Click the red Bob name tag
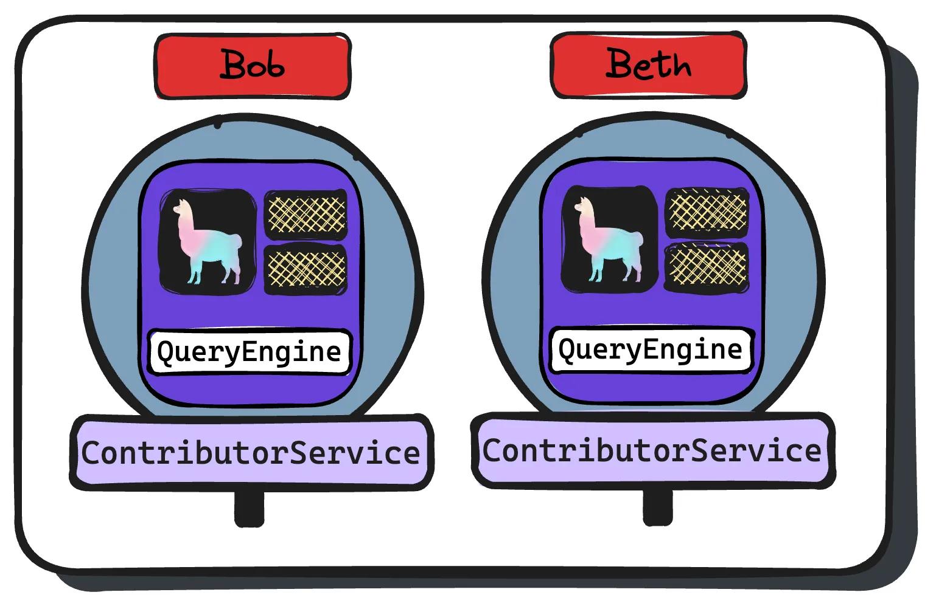(x=253, y=66)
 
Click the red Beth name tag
(x=648, y=64)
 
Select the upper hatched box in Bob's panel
(x=306, y=214)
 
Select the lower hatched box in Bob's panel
(x=306, y=268)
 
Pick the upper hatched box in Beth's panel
(x=707, y=212)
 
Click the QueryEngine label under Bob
(x=250, y=352)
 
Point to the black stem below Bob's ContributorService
(x=249, y=508)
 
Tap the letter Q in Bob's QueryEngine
(x=166, y=352)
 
